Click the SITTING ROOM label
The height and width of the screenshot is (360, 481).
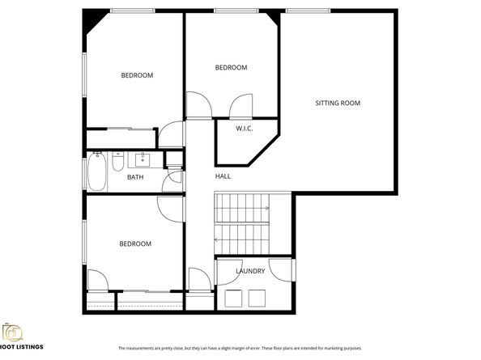(338, 103)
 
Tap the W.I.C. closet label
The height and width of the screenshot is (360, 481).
(245, 129)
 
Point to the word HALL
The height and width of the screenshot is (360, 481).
(223, 176)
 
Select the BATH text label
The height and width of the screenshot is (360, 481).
(135, 176)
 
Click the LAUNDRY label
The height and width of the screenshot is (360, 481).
(250, 271)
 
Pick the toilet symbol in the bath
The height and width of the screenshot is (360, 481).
(117, 166)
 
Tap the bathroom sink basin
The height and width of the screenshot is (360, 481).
(147, 159)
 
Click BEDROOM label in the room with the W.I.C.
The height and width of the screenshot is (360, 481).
(231, 68)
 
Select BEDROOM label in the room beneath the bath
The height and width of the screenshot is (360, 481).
(135, 244)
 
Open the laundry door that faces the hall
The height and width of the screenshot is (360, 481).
(226, 272)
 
